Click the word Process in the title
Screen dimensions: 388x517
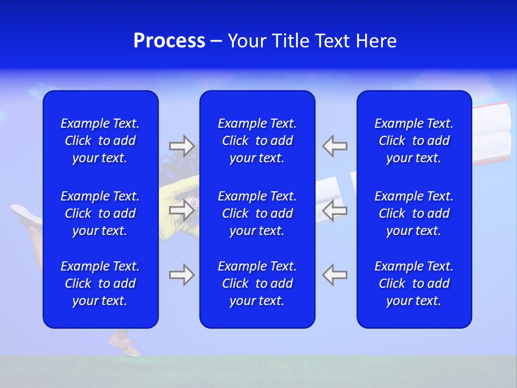click(169, 41)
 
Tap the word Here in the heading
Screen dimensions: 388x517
click(375, 41)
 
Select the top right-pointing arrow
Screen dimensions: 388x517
click(181, 145)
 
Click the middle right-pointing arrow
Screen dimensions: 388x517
click(181, 210)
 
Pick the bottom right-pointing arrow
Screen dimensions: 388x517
click(181, 275)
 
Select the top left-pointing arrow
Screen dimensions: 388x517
click(335, 145)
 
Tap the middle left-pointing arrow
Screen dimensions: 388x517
click(335, 210)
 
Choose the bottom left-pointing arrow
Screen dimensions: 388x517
click(335, 275)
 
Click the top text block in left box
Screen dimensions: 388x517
click(100, 141)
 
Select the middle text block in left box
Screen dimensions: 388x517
click(100, 213)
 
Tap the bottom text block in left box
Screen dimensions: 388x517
click(100, 283)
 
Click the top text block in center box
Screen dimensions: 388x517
click(257, 141)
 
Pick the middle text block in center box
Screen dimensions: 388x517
click(257, 213)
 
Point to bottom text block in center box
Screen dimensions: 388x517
click(257, 283)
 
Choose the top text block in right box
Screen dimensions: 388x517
click(414, 141)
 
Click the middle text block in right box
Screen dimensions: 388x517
click(414, 213)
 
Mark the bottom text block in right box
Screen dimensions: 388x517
click(414, 283)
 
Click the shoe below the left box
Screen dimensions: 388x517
click(124, 345)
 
